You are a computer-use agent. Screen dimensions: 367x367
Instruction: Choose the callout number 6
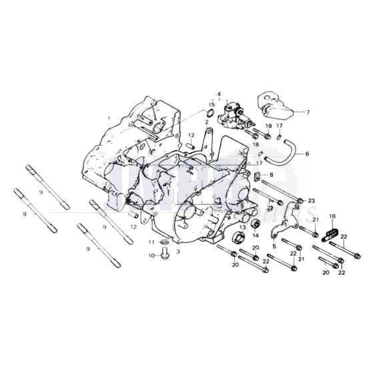pos(308,154)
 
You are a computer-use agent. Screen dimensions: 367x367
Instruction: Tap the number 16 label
pos(332,217)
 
